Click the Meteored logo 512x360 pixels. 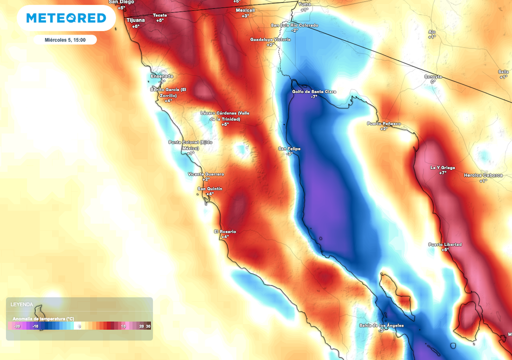tap(66, 18)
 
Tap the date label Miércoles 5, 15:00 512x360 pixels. tap(65, 40)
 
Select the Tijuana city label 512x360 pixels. tap(135, 20)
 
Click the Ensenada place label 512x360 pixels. tap(162, 76)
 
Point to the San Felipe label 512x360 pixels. tap(289, 148)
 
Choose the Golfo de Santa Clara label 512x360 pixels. tap(314, 91)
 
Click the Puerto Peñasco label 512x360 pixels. tap(383, 123)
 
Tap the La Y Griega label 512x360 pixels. tap(442, 167)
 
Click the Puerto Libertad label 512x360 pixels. tap(445, 244)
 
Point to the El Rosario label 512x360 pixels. tap(224, 231)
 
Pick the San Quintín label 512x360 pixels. tap(210, 188)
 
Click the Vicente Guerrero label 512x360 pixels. tap(205, 174)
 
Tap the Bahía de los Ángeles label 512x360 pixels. tap(381, 325)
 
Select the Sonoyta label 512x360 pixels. tap(433, 76)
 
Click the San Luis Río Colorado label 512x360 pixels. tap(294, 25)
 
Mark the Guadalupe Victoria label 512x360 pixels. tap(270, 39)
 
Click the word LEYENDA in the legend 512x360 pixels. tap(22, 304)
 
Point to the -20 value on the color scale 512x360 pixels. tap(17, 326)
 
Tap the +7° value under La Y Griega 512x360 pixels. tap(442, 173)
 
